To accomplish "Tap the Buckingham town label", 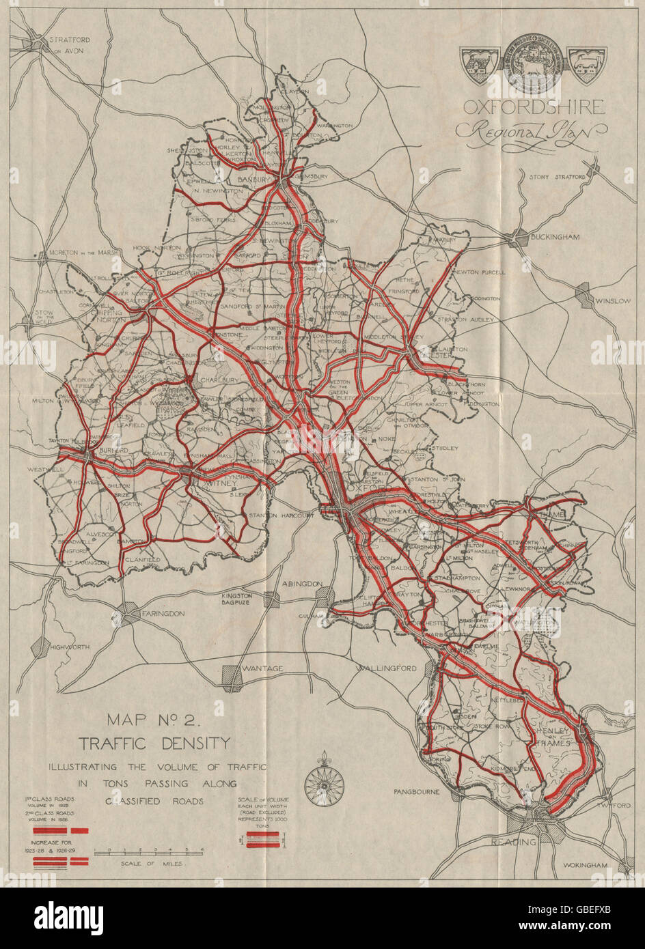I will (x=555, y=237).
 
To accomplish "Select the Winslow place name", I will (x=613, y=300).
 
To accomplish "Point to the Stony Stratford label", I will (x=557, y=177).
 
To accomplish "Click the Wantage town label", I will (x=262, y=668).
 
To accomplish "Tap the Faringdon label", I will (x=163, y=614).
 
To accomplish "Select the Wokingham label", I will (x=585, y=865).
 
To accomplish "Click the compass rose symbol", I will (x=324, y=781).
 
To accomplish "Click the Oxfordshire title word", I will (x=534, y=107).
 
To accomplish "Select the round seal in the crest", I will (x=534, y=63).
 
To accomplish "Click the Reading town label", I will (x=513, y=842).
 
